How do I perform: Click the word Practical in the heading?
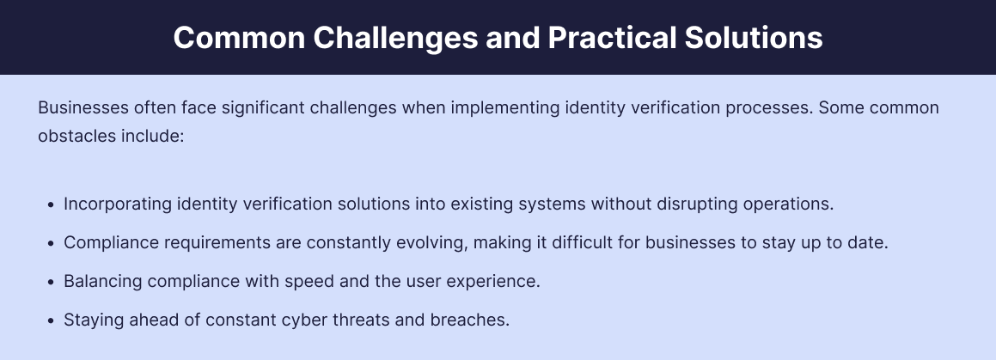coord(613,38)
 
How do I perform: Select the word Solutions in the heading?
coord(754,38)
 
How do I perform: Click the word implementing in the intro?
coord(505,108)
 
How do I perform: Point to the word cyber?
coord(281,320)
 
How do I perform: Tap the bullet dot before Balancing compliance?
coord(51,282)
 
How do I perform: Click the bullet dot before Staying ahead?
coord(51,320)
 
